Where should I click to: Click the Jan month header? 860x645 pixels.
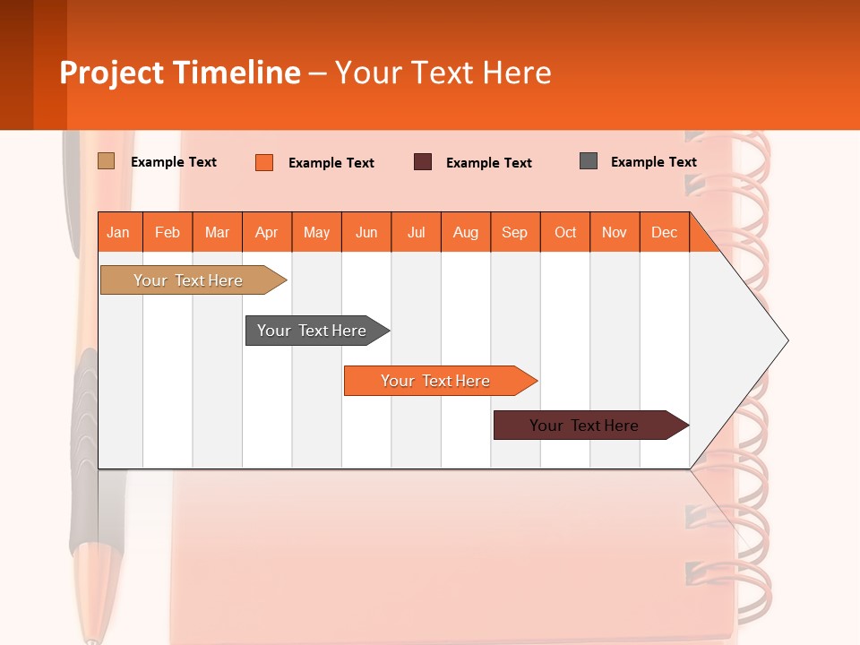[x=119, y=232]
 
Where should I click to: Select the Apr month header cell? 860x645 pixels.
[x=266, y=232]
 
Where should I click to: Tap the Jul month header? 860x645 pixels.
[x=416, y=232]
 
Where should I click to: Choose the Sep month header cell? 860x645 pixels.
[x=514, y=232]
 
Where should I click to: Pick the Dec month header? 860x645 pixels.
[x=664, y=232]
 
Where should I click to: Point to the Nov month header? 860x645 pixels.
[x=614, y=232]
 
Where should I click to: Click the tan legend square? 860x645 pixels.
[x=106, y=161]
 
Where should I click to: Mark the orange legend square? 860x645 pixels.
[x=263, y=162]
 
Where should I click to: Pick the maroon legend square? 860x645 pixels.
[x=423, y=162]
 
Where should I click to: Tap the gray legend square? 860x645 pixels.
[x=589, y=161]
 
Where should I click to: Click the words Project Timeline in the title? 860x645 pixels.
[x=180, y=73]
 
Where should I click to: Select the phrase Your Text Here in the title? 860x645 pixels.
[x=443, y=73]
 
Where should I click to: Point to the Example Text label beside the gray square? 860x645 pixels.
[x=653, y=162]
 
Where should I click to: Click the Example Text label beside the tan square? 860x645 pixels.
[x=174, y=162]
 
